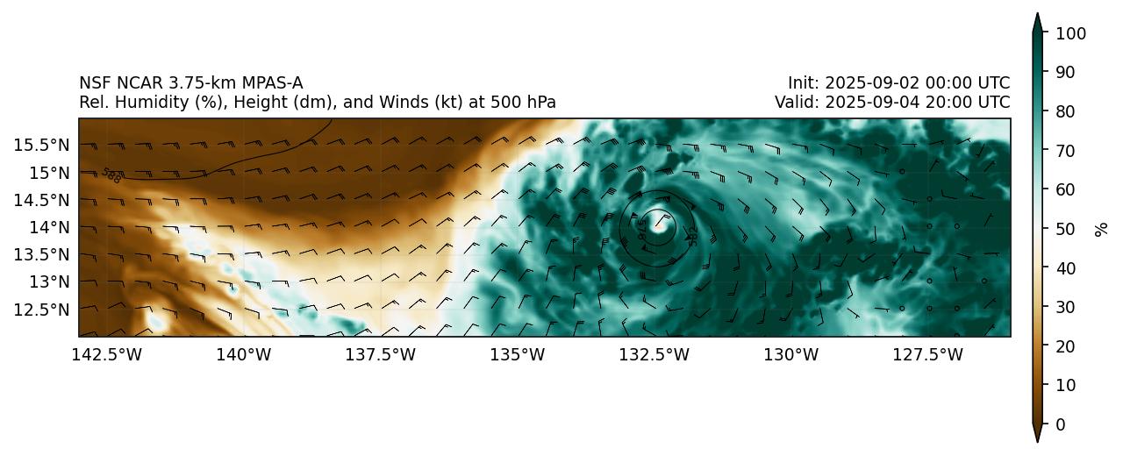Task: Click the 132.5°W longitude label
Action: point(654,354)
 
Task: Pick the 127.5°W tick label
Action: point(928,354)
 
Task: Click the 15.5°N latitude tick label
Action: point(42,144)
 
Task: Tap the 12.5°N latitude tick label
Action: point(42,310)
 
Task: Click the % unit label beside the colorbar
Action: point(1102,229)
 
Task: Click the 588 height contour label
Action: point(111,175)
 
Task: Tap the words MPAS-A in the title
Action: point(271,83)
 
